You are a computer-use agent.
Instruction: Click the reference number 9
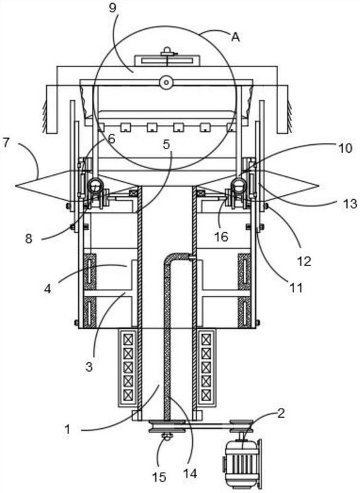click(x=112, y=8)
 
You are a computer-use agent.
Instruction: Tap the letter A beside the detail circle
click(x=235, y=37)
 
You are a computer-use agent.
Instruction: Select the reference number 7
click(x=6, y=143)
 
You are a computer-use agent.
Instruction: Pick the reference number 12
click(x=304, y=261)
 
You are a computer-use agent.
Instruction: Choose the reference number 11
click(x=296, y=287)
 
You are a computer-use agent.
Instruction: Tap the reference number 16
click(x=221, y=237)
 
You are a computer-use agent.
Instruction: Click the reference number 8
click(x=28, y=239)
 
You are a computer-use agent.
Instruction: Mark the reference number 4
click(x=47, y=288)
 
